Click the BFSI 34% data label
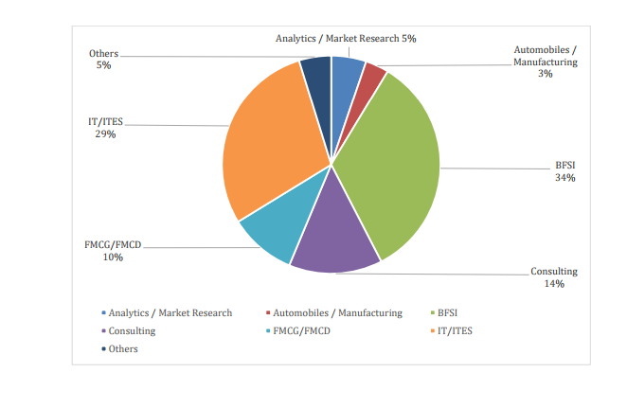pos(565,171)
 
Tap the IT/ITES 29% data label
pos(105,128)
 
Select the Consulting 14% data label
pos(554,277)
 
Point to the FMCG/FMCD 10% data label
pos(113,250)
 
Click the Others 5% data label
pos(103,59)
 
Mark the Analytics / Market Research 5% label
pos(346,39)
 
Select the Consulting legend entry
pos(131,331)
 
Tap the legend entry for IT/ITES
pos(456,331)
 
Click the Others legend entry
pos(122,349)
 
